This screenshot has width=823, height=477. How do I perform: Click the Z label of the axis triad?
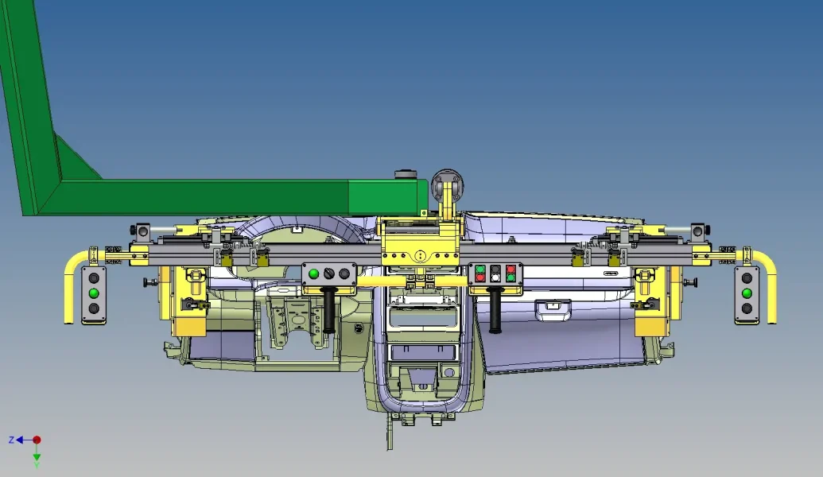(x=11, y=440)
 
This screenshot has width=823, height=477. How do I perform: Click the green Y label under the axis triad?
(x=37, y=465)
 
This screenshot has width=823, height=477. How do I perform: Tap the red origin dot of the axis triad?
(x=37, y=440)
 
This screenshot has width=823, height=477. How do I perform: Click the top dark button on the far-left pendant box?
(x=93, y=277)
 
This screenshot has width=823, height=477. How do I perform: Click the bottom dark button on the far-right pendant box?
(x=747, y=308)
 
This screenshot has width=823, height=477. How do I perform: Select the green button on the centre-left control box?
(x=314, y=273)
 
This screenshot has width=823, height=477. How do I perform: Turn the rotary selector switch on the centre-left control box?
(x=329, y=273)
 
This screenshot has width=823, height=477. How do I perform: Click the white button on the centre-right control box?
(x=495, y=277)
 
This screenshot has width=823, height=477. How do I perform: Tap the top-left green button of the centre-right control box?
(x=479, y=270)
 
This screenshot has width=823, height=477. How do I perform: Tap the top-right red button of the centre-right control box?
(x=510, y=270)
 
